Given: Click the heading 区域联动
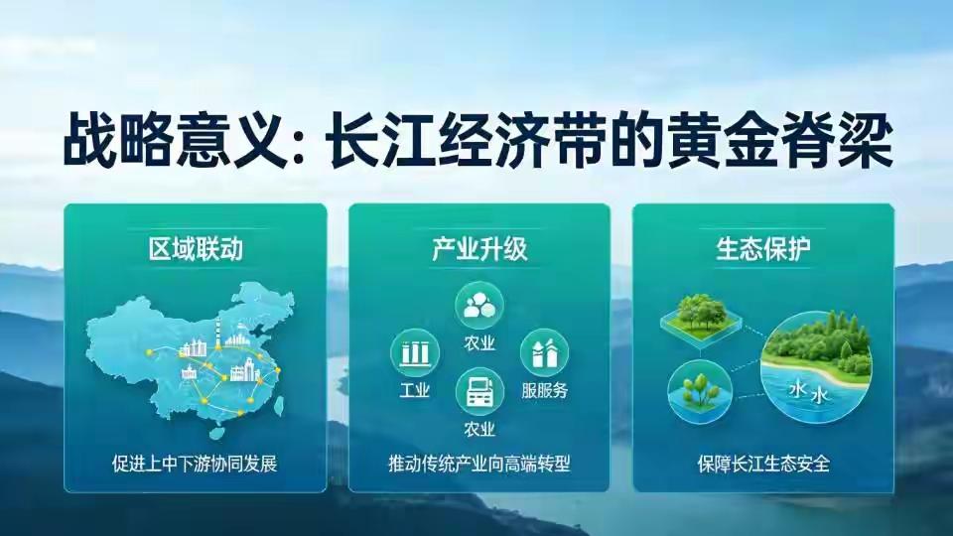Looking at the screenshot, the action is [x=196, y=248].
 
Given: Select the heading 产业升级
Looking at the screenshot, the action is [x=479, y=248].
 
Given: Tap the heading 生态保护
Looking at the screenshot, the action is [x=763, y=248].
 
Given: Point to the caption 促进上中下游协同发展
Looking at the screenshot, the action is [x=195, y=464].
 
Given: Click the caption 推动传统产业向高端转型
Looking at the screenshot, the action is [x=479, y=464].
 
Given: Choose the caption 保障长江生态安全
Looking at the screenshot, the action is [x=763, y=464].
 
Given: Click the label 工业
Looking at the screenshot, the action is [x=415, y=389].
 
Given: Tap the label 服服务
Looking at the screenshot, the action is [x=545, y=389].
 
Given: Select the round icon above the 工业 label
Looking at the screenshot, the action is [x=415, y=352].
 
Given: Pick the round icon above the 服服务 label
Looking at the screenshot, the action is [x=545, y=352].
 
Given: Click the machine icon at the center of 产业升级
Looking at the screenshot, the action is [x=479, y=391].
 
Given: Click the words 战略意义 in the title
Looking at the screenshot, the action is [x=175, y=140].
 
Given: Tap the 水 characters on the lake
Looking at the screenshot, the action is [x=808, y=393].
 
